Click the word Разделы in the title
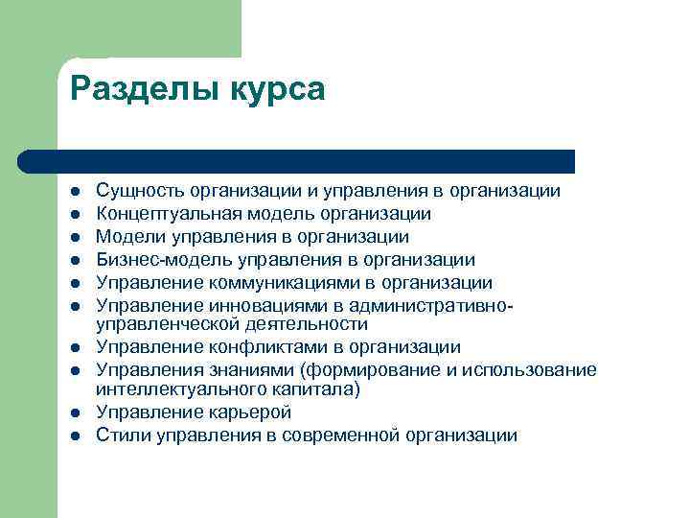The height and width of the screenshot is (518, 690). coord(144,89)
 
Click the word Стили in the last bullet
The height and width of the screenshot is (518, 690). coord(121,436)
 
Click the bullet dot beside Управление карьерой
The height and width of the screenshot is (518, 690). coord(75,413)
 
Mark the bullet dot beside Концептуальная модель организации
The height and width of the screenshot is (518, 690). coord(75,215)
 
